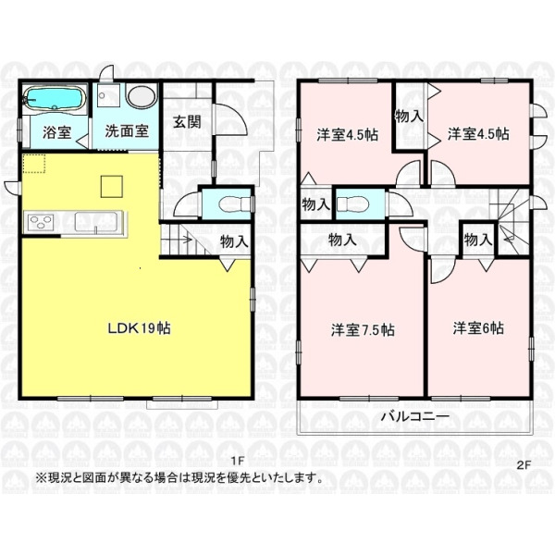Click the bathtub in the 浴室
click(55, 99)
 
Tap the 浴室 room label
click(56, 132)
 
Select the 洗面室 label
click(127, 131)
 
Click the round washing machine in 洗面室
click(142, 95)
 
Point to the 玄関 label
click(187, 122)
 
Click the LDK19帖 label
click(139, 328)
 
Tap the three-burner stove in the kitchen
click(39, 222)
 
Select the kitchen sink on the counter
click(96, 222)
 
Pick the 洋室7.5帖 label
click(363, 330)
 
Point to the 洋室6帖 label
click(478, 328)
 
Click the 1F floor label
click(238, 461)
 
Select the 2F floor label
click(524, 466)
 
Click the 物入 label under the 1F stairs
click(234, 242)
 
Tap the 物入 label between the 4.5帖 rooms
click(409, 116)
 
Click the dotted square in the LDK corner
click(34, 163)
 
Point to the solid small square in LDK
click(112, 186)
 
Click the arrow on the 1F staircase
click(177, 240)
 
